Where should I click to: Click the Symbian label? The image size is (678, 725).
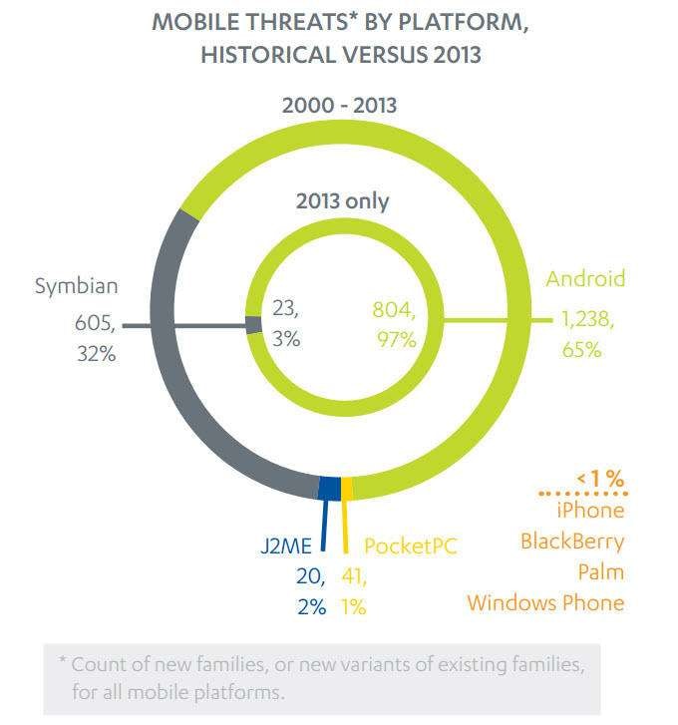(x=77, y=286)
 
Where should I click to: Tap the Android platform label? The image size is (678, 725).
(x=585, y=278)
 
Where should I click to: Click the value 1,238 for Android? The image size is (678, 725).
(x=584, y=320)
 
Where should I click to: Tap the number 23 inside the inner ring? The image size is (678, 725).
(x=284, y=309)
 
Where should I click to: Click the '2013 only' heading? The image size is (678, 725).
(x=342, y=200)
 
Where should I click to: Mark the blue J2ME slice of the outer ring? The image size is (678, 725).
(x=328, y=487)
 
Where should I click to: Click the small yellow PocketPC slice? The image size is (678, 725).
(x=347, y=488)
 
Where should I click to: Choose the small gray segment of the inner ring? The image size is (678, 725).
(x=253, y=324)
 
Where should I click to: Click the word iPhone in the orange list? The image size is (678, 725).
(x=590, y=510)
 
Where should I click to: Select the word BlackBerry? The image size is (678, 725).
(x=572, y=542)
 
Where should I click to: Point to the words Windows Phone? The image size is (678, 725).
(x=546, y=602)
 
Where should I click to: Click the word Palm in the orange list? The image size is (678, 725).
(x=600, y=572)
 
